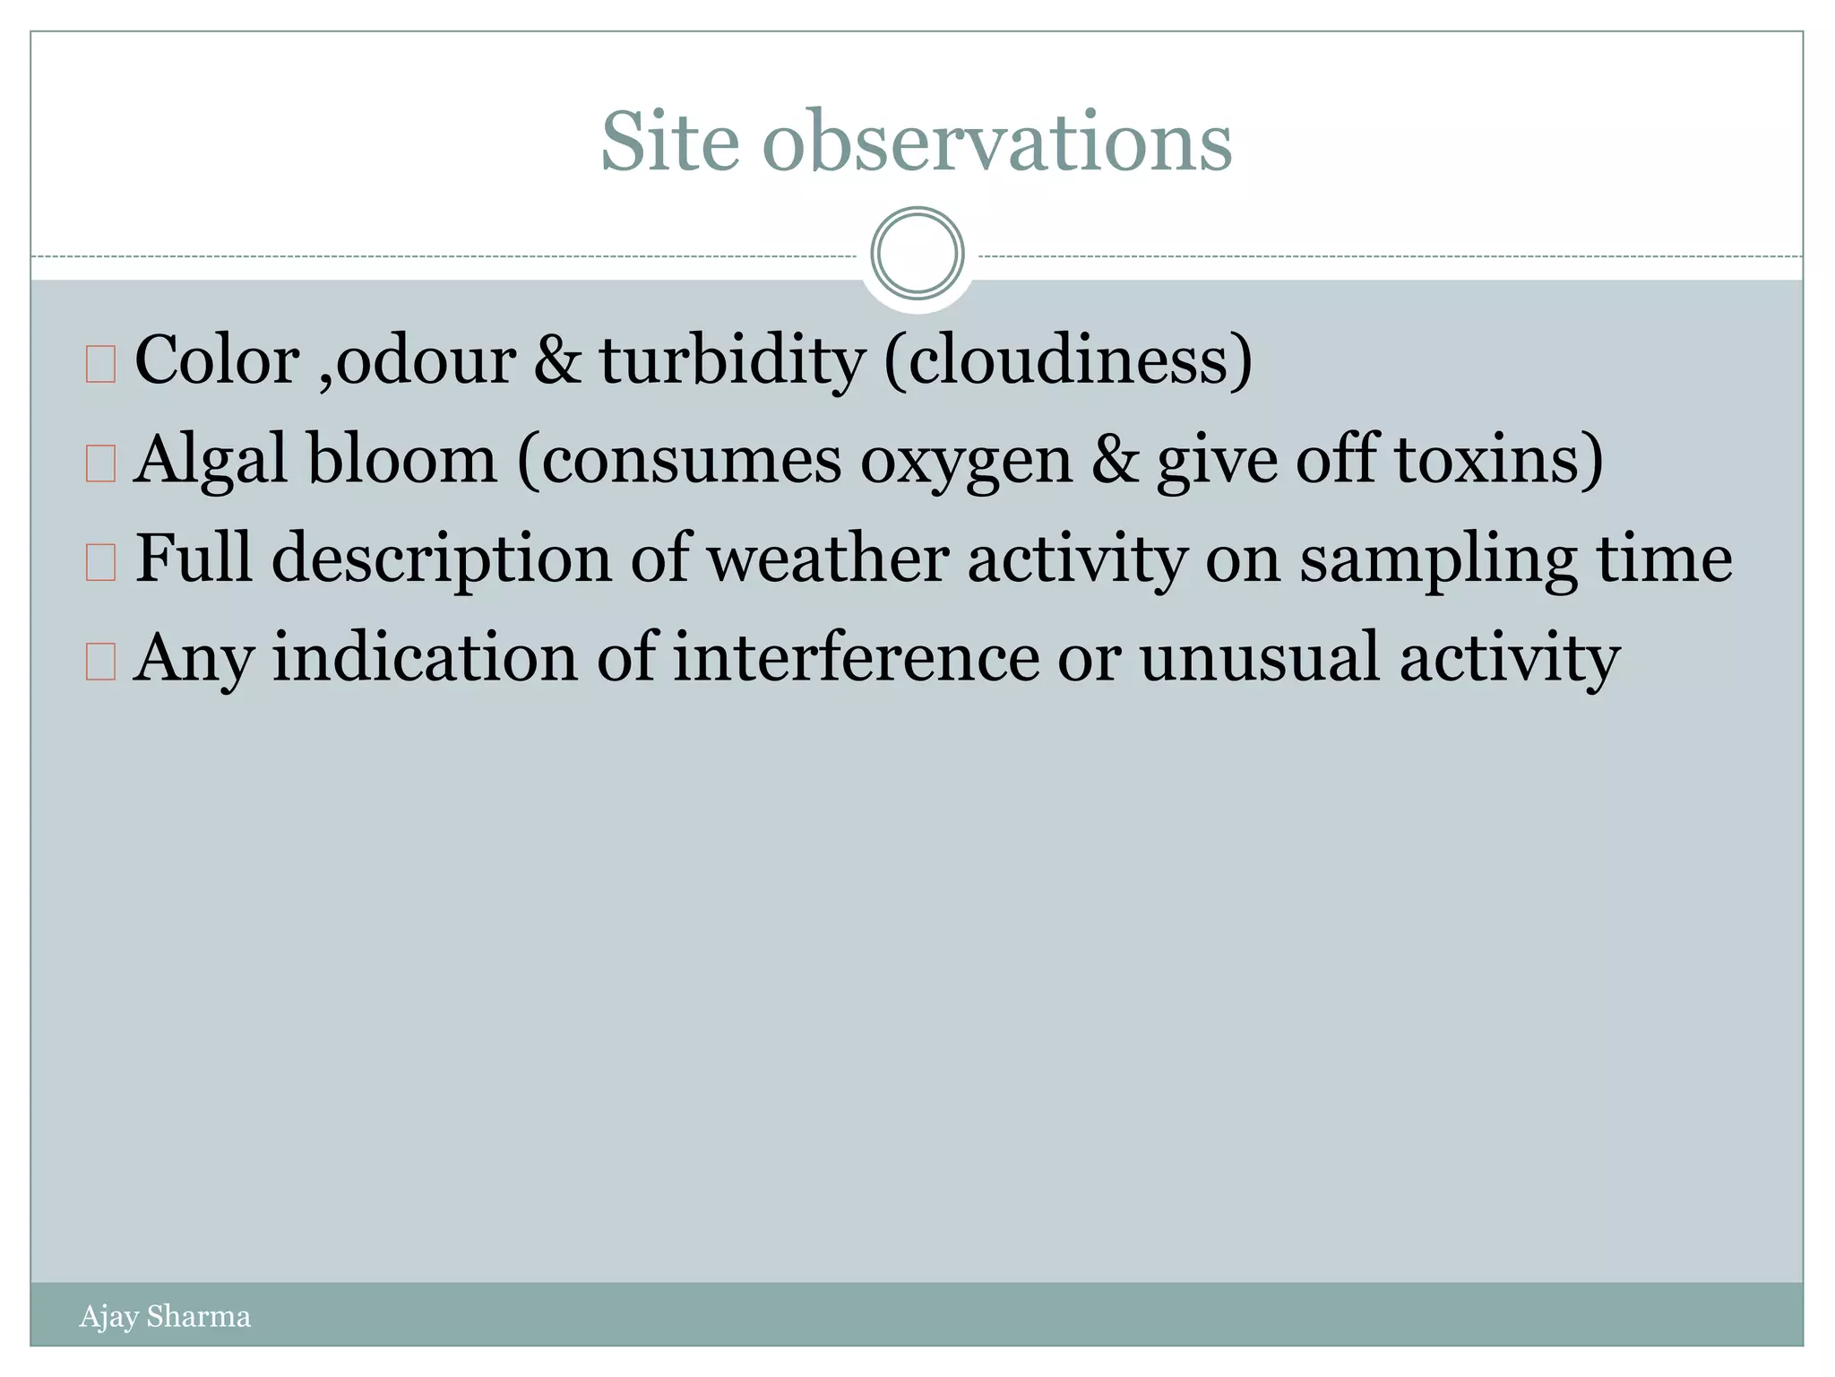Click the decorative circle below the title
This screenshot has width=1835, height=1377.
pos(917,254)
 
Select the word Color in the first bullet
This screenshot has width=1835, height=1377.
pos(217,360)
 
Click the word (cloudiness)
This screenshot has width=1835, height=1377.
pos(1068,360)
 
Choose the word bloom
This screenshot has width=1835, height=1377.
pos(402,460)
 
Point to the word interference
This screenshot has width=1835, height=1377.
pos(857,658)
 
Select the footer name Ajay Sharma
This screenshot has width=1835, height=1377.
pos(165,1316)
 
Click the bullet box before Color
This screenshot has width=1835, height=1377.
pos(100,365)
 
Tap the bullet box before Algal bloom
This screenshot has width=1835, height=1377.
pos(100,464)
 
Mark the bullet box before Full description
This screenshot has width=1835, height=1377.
pos(100,563)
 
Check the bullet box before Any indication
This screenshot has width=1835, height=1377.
pos(100,663)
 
